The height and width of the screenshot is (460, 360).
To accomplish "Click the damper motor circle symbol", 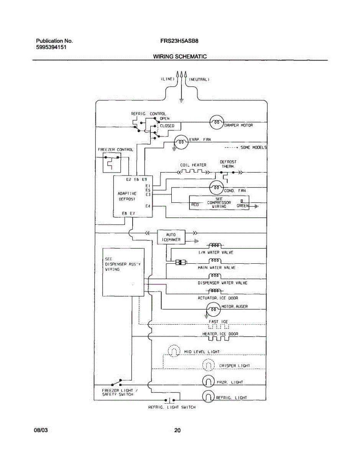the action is click(x=217, y=122).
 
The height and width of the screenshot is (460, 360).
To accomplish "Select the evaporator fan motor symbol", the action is click(x=181, y=142).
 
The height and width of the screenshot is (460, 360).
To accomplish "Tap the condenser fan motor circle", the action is click(x=216, y=187).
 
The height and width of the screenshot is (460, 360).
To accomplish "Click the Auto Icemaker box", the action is click(x=171, y=237).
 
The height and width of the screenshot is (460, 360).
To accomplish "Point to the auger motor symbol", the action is click(x=213, y=309).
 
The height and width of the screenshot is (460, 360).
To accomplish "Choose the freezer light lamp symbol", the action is click(x=208, y=381).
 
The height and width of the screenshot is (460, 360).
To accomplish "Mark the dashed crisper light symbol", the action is click(x=209, y=365).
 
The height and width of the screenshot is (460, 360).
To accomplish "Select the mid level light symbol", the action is click(x=174, y=351).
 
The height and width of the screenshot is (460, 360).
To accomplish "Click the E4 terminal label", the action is click(x=148, y=206).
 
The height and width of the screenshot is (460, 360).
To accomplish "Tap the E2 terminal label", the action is click(x=129, y=179).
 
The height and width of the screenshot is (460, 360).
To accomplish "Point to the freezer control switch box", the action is click(x=112, y=163).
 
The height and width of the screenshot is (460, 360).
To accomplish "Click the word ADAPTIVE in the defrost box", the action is click(x=127, y=194).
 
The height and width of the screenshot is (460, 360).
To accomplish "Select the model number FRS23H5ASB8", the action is click(x=179, y=41).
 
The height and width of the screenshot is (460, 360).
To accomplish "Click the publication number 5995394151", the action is click(x=51, y=47).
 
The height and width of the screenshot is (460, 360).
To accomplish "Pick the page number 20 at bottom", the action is click(x=178, y=430).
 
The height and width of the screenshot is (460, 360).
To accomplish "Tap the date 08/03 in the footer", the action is click(x=41, y=430).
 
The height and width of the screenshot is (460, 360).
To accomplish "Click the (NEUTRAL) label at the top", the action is click(x=199, y=80).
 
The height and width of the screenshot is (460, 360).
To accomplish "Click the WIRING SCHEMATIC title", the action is click(x=180, y=56).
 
